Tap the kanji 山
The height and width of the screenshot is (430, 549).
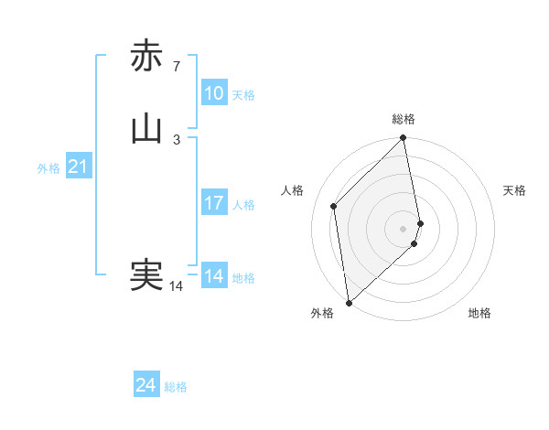point(146,129)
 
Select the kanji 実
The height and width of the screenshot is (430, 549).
point(146,275)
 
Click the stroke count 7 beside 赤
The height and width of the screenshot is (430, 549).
point(177,66)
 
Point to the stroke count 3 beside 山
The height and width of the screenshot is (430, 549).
point(177,139)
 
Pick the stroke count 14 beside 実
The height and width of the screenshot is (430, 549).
point(177,286)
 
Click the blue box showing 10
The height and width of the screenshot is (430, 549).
point(214,93)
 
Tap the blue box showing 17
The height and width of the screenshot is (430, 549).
point(214,203)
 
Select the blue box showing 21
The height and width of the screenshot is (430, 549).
point(79,167)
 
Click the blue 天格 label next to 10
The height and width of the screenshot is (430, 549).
point(243,95)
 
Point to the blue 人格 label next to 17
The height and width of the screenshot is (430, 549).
point(243,205)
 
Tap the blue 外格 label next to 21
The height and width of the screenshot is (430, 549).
point(48,168)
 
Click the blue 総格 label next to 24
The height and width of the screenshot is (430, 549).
point(176,387)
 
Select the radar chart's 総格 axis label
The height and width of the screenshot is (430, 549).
point(404,119)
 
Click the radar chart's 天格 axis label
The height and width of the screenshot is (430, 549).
point(514,190)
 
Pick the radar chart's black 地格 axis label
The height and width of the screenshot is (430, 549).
point(479,313)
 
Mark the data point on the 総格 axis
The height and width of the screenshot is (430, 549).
point(404,139)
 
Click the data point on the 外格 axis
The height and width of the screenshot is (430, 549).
point(348,303)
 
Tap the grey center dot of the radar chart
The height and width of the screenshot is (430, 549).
point(404,228)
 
